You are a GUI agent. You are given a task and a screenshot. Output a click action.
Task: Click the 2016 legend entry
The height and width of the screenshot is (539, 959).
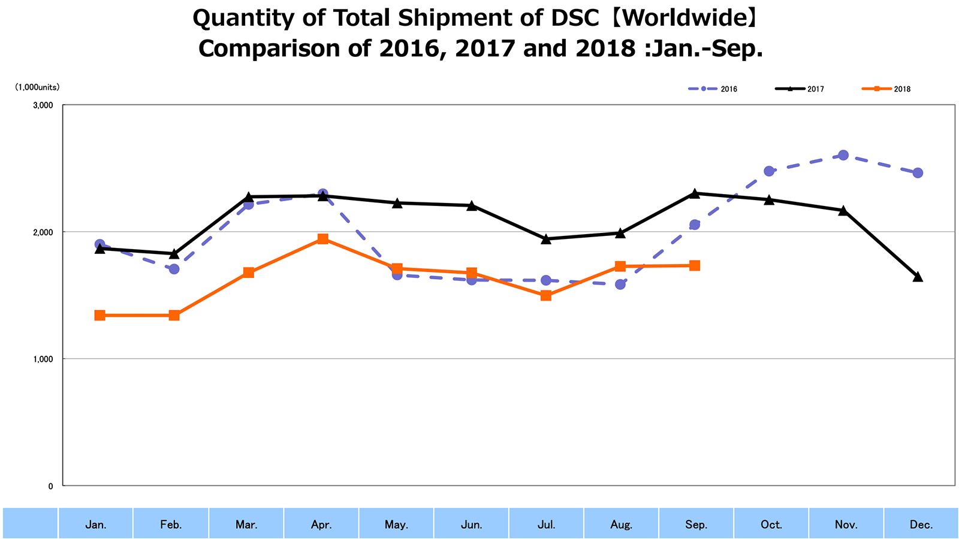[713, 89]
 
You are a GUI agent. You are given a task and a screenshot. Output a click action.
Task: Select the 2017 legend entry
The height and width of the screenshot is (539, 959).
[800, 89]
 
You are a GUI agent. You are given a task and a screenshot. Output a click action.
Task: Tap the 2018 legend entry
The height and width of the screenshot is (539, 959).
[886, 89]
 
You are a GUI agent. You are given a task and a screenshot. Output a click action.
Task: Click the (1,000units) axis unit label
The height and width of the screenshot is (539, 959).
[37, 87]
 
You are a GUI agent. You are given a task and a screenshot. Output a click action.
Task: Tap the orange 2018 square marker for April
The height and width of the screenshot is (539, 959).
[322, 239]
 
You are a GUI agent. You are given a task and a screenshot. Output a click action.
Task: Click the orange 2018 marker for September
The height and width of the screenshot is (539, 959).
[694, 265]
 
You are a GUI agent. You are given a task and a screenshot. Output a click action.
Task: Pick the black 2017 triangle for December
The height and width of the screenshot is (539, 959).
[917, 277]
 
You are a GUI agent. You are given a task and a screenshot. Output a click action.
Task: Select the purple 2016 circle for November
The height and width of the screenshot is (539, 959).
[843, 155]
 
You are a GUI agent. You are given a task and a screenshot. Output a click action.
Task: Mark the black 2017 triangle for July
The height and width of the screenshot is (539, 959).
[545, 239]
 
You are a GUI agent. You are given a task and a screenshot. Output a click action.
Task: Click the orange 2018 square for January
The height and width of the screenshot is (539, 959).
[99, 315]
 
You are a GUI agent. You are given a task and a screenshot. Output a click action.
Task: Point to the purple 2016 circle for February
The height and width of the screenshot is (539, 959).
[174, 269]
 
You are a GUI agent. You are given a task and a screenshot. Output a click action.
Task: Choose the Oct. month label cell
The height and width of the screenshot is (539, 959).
[771, 525]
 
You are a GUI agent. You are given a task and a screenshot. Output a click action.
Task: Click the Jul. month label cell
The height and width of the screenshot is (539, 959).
[546, 525]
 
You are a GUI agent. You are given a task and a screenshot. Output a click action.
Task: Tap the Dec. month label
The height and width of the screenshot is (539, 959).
[921, 525]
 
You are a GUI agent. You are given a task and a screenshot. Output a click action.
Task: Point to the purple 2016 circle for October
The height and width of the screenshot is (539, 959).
[768, 171]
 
